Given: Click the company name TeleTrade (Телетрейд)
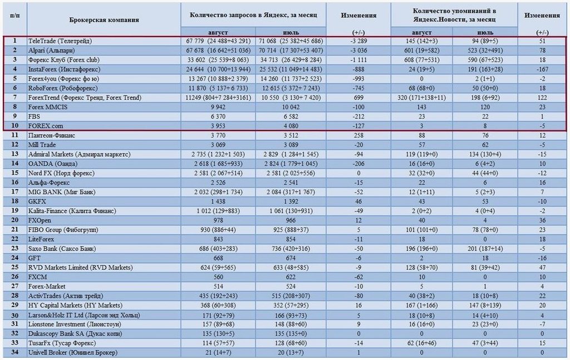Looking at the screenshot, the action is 60,41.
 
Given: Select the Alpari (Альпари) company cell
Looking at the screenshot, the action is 52,51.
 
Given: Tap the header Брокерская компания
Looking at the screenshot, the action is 104,19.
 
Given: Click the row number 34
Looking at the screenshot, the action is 14,352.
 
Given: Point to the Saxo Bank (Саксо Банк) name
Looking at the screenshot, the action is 62,249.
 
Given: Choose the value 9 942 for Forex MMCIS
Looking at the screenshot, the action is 218,107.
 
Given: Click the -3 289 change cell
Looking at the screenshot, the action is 358,41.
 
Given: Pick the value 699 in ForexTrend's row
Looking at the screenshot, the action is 358,98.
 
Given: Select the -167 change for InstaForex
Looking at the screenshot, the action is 542,70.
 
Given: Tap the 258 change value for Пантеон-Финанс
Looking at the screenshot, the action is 358,136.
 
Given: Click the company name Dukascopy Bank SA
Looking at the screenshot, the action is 75,333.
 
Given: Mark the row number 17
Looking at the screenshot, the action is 14,191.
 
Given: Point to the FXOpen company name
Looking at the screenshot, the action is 40,220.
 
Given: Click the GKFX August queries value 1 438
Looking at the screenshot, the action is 218,201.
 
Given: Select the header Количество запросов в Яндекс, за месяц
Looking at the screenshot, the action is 253,15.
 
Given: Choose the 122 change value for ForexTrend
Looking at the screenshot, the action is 542,98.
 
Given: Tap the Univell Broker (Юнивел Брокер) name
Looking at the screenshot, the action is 73,352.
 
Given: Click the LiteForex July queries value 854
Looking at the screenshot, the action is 291,239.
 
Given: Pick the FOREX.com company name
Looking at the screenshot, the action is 46,126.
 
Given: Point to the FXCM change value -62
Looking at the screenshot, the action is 358,277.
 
